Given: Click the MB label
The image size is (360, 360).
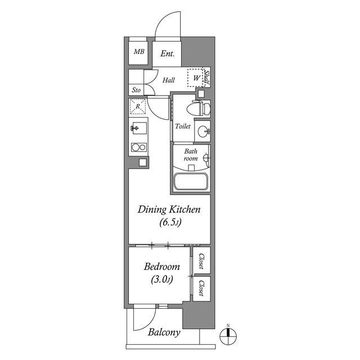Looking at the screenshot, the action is coord(139,51).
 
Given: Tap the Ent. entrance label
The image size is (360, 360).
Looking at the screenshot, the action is coord(168,54).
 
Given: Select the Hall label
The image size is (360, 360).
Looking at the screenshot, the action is coord(169,80).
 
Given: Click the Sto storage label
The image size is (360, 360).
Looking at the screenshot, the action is coord(136,90).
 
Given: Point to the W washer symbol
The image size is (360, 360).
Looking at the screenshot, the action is coord(195,78).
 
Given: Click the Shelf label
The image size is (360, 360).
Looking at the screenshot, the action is coord(207,78).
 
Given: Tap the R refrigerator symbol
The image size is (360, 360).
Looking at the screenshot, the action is coord(138,106).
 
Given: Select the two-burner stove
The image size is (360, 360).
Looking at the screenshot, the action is coord(139,147).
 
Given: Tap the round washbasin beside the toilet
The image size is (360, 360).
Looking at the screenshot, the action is coord(204,132).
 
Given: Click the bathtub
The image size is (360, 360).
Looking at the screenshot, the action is coord(191,181).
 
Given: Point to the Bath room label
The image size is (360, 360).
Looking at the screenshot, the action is coord(191,155).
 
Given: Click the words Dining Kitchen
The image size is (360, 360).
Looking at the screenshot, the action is coord(169,210).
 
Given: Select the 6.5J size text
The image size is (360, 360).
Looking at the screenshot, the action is coord(170,222).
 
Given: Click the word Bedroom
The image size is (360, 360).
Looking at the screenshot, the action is coord(162,267).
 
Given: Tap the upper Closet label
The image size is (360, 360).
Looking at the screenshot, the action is coord(201,261).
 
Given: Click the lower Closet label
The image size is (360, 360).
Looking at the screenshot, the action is coord(201,288).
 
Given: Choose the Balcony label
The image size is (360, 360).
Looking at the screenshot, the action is coord(164,332).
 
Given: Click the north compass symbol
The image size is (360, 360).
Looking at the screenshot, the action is coord(228,336).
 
